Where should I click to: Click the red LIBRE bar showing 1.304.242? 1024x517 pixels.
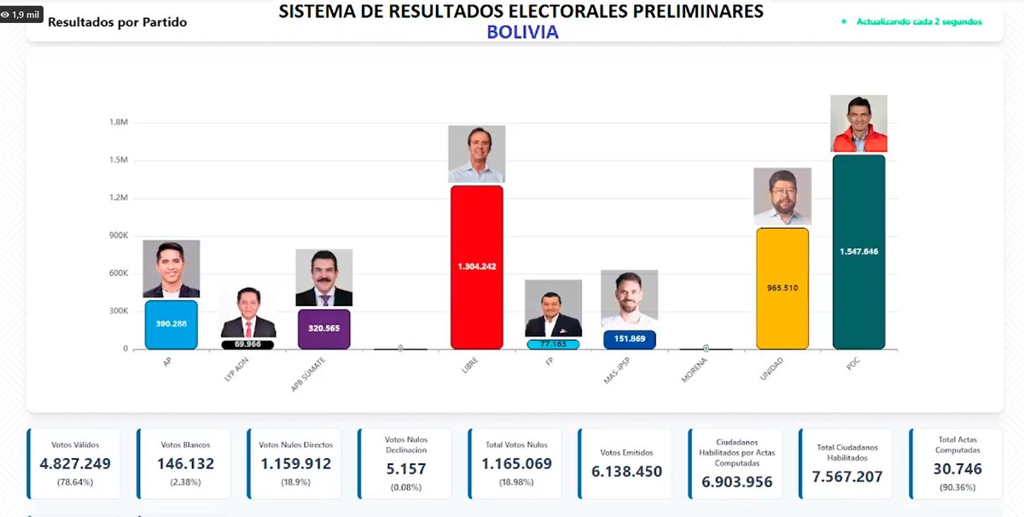pyautogui.click(x=476, y=267)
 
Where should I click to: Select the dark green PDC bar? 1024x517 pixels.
pyautogui.click(x=858, y=252)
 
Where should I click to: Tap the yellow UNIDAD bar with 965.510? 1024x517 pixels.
pyautogui.click(x=782, y=288)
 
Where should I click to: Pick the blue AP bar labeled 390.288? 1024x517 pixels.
pyautogui.click(x=171, y=325)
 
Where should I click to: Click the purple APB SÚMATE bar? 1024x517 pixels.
pyautogui.click(x=323, y=329)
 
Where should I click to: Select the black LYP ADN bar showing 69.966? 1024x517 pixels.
pyautogui.click(x=247, y=344)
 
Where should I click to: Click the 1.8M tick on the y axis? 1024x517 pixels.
pyautogui.click(x=118, y=122)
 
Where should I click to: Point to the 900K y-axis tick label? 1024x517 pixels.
pyautogui.click(x=116, y=236)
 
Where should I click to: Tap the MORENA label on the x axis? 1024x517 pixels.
pyautogui.click(x=695, y=368)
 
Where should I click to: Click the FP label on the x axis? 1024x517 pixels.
pyautogui.click(x=550, y=361)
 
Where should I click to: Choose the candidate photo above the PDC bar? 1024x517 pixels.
pyautogui.click(x=858, y=123)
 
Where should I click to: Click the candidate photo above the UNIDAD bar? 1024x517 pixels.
pyautogui.click(x=782, y=197)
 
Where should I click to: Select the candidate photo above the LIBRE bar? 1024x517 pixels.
pyautogui.click(x=476, y=154)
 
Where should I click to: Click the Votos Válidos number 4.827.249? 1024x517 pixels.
pyautogui.click(x=75, y=464)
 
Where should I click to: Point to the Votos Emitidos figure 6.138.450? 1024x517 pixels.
pyautogui.click(x=626, y=472)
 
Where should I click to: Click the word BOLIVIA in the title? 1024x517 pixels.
pyautogui.click(x=522, y=32)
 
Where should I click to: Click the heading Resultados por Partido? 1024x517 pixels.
pyautogui.click(x=117, y=21)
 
